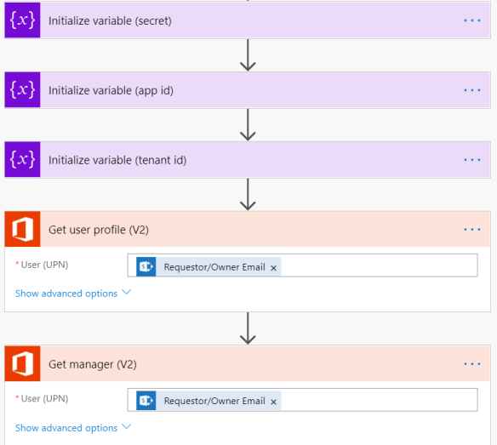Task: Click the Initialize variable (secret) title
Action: pyautogui.click(x=110, y=20)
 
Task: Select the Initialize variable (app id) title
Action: pyautogui.click(x=111, y=89)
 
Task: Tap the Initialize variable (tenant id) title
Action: pyautogui.click(x=117, y=160)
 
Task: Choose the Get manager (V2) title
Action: pyautogui.click(x=93, y=364)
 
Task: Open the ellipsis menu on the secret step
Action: pyautogui.click(x=472, y=20)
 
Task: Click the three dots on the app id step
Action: pyautogui.click(x=472, y=89)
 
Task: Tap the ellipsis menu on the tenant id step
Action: pyautogui.click(x=472, y=160)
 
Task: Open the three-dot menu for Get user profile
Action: pyautogui.click(x=472, y=230)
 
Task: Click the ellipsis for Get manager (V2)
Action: pyautogui.click(x=472, y=364)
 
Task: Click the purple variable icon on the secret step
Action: pyautogui.click(x=22, y=20)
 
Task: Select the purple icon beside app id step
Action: pyautogui.click(x=22, y=89)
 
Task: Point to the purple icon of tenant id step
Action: pyautogui.click(x=22, y=160)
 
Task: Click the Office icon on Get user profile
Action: pyautogui.click(x=22, y=230)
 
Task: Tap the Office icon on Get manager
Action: pyautogui.click(x=22, y=364)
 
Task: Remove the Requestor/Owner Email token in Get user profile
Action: pyautogui.click(x=273, y=267)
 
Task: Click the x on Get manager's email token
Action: pyautogui.click(x=273, y=402)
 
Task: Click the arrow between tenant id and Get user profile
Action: pyautogui.click(x=248, y=194)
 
